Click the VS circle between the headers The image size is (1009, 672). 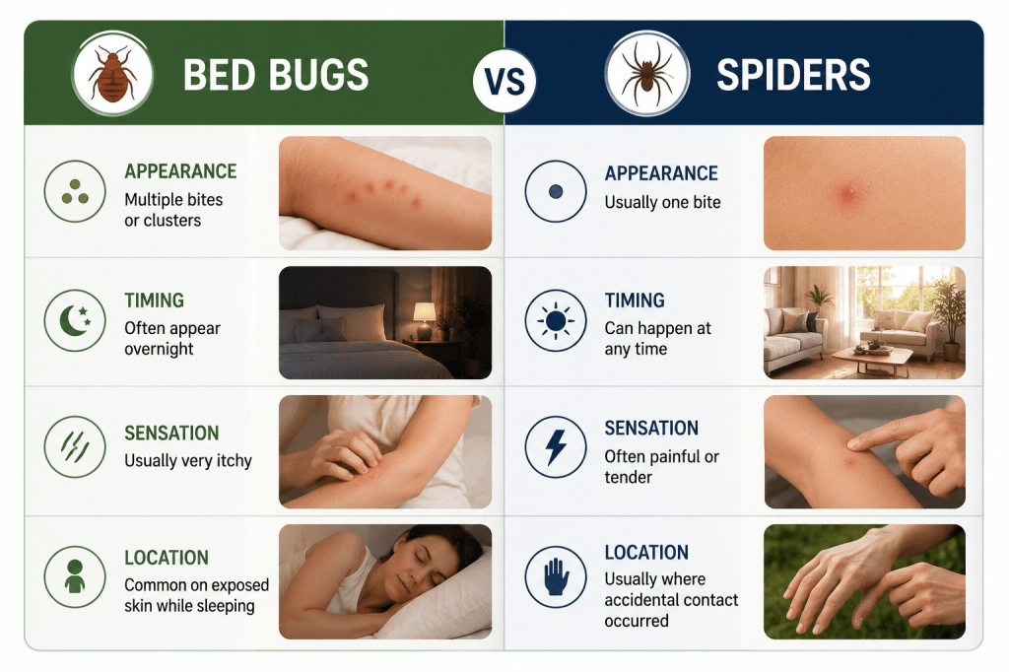click(504, 81)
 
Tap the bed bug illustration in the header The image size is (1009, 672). click(112, 74)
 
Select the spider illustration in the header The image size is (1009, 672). click(646, 73)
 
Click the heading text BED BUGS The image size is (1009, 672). click(276, 75)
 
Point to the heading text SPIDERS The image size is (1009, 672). click(793, 75)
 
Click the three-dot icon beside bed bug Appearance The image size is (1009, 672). click(75, 191)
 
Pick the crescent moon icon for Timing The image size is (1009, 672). click(75, 320)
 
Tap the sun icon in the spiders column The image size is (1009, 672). click(556, 320)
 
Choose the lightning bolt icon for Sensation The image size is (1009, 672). click(556, 446)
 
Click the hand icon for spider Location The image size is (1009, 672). click(556, 576)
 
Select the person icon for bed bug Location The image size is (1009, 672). click(75, 576)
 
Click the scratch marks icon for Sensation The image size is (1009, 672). click(75, 446)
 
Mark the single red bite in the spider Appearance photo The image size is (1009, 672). click(848, 192)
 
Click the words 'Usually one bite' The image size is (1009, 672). click(662, 202)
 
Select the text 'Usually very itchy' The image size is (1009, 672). click(188, 461)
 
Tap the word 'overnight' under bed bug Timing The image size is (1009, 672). click(159, 349)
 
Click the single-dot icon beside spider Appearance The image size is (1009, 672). click(556, 191)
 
